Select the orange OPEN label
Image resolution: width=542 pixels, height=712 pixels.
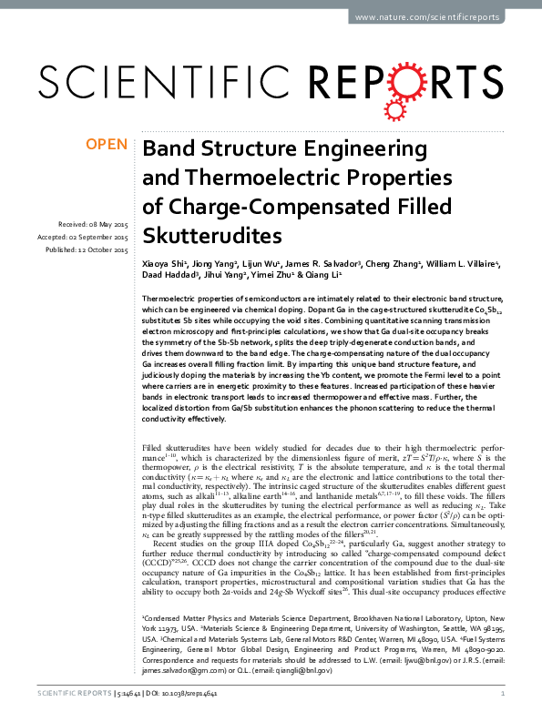point(106,145)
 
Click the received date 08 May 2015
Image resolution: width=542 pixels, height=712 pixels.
point(107,224)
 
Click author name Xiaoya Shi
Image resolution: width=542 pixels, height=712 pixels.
point(164,264)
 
